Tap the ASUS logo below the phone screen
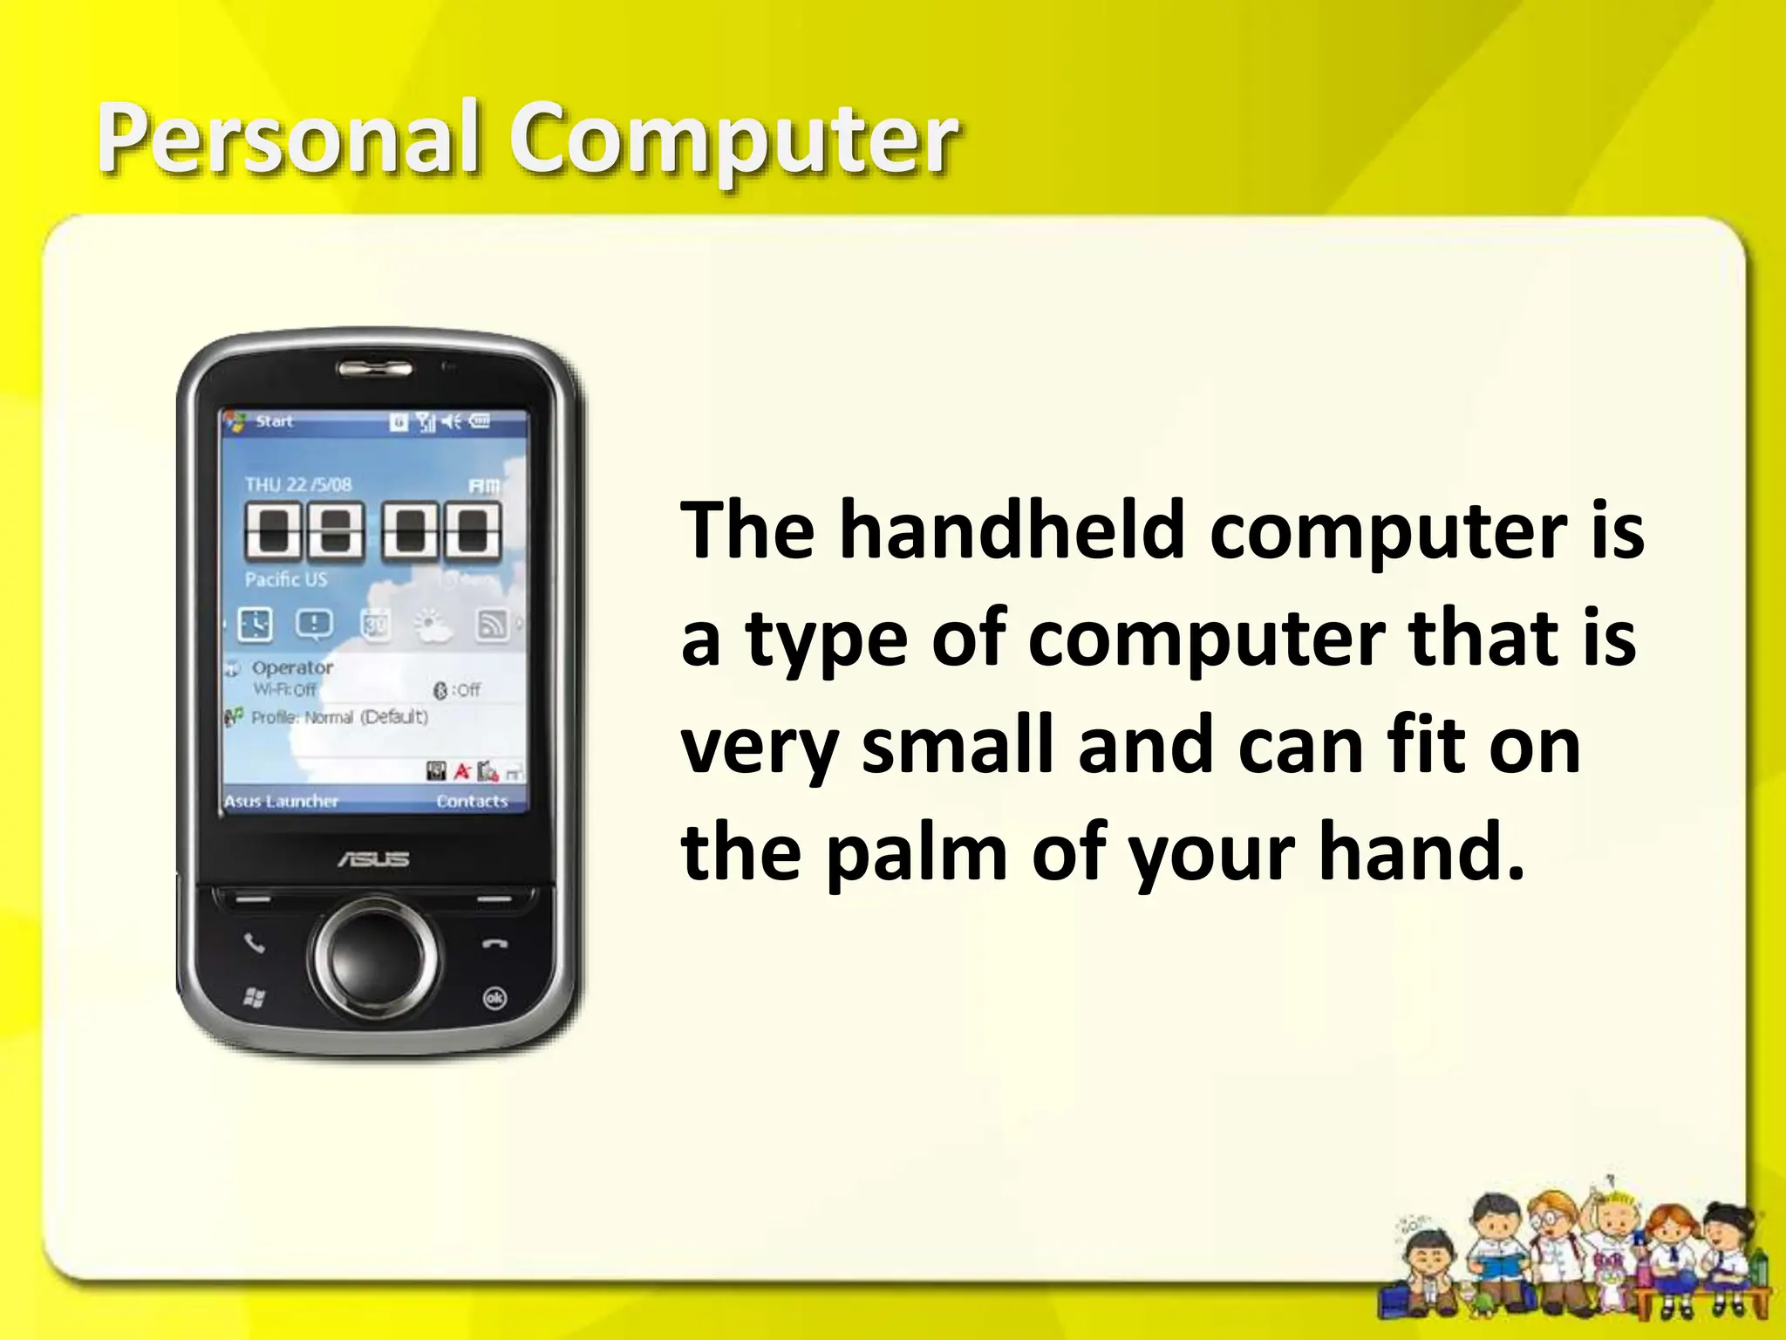point(373,858)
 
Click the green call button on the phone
point(254,943)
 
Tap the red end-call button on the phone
point(494,944)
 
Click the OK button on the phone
point(494,998)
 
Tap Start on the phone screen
point(274,421)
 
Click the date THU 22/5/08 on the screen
point(298,485)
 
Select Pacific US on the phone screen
point(286,579)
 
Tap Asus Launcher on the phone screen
point(281,801)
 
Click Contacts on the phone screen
point(472,801)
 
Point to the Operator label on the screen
point(292,667)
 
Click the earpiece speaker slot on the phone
point(375,368)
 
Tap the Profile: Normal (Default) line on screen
point(339,717)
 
